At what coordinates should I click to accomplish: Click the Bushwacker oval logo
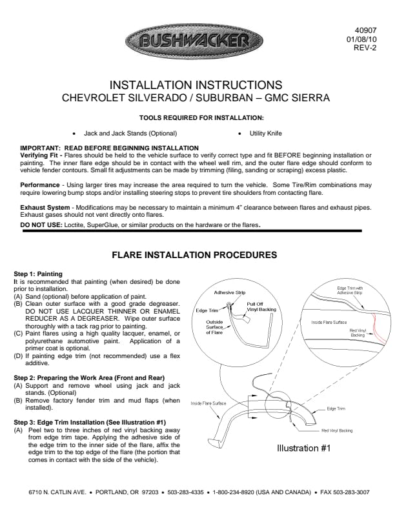tap(194, 41)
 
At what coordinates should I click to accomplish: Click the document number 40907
tap(366, 30)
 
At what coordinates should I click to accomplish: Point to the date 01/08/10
tap(361, 39)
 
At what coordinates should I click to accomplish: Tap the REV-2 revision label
tap(365, 48)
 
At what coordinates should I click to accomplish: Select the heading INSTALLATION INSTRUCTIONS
tap(196, 85)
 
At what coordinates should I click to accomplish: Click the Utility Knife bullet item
tap(266, 134)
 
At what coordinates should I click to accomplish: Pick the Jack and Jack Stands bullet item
tap(130, 134)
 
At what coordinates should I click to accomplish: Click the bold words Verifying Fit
tap(39, 155)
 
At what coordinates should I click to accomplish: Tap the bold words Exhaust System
tap(45, 208)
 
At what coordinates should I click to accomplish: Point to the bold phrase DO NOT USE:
tap(41, 225)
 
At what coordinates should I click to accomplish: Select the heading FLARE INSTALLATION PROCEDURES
tap(194, 255)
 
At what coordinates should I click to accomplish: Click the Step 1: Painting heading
tap(38, 274)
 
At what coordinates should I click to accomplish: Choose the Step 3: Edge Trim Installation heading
tap(90, 423)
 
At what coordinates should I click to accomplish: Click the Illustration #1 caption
tap(304, 448)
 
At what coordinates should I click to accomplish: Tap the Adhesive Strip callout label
tap(230, 292)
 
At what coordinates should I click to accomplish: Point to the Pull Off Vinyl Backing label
tap(261, 306)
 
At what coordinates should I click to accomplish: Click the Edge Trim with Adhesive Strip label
tap(350, 290)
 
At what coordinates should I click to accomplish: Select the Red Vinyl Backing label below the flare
tap(337, 430)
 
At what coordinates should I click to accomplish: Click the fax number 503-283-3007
tap(345, 492)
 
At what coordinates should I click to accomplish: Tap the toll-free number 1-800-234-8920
tap(234, 492)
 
